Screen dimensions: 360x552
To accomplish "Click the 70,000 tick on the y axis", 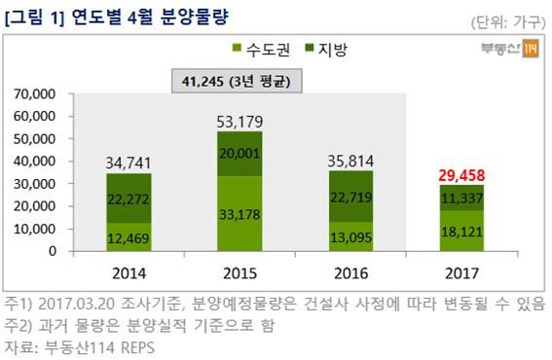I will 38,94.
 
